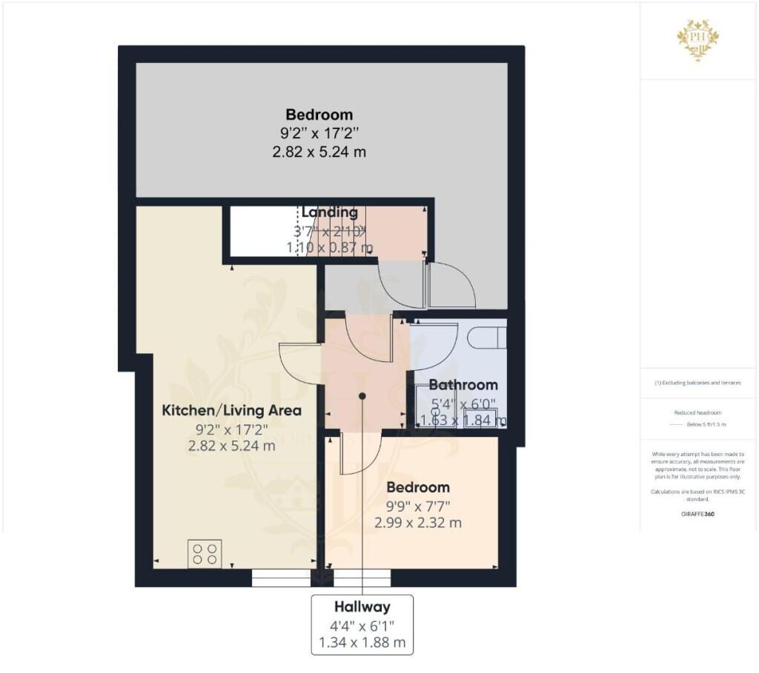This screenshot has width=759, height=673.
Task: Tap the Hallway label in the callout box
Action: (362, 607)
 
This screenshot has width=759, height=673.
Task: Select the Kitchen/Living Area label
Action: (232, 409)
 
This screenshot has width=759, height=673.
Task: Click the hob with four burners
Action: (205, 554)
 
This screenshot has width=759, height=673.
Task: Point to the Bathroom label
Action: (463, 385)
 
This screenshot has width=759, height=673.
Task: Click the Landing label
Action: (329, 212)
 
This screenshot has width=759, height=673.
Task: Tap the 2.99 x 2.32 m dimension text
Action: (418, 523)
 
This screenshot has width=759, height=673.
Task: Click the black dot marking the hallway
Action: (362, 396)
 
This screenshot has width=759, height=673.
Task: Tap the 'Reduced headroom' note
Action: (697, 413)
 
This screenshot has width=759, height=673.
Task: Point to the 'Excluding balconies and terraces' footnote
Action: (697, 383)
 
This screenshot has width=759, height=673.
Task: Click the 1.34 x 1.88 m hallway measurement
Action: (362, 643)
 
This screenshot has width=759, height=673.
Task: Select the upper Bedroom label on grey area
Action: (319, 115)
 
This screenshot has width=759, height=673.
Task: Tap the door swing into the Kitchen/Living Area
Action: (300, 363)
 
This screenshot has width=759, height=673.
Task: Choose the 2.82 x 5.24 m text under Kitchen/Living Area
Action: (232, 446)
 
